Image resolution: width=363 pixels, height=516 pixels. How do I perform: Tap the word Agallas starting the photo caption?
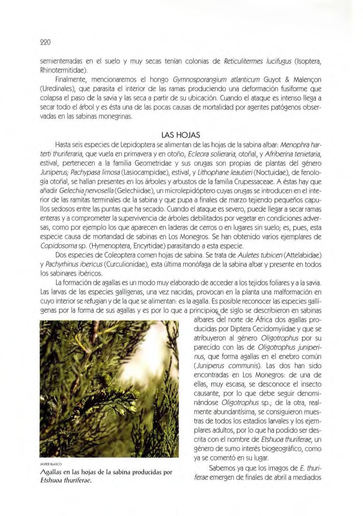tap(50, 472)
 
